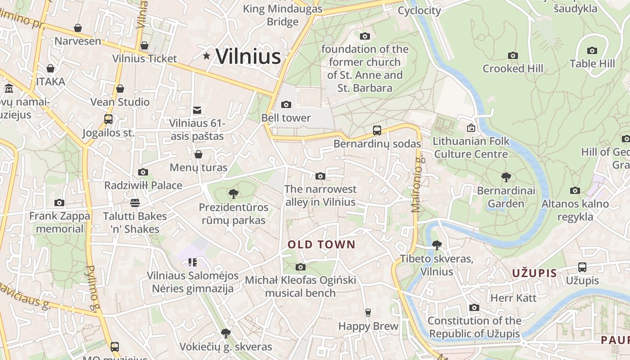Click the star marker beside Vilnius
tap(207, 56)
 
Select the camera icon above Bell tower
tap(286, 105)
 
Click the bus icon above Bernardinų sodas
tap(377, 130)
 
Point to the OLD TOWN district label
tap(321, 245)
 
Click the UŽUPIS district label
tap(535, 273)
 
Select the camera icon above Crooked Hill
tap(513, 56)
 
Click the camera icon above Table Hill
tap(592, 51)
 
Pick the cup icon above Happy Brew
tap(368, 313)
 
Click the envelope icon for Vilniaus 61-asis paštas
tap(197, 110)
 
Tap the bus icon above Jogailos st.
tap(108, 119)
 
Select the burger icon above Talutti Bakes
tap(135, 203)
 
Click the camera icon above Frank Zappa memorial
tap(59, 203)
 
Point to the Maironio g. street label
tap(418, 184)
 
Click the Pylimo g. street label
tap(92, 288)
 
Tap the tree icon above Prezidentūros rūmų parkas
tap(233, 194)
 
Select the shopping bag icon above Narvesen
tap(78, 28)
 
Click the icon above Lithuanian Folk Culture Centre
tap(471, 128)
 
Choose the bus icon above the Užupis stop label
tap(582, 267)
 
